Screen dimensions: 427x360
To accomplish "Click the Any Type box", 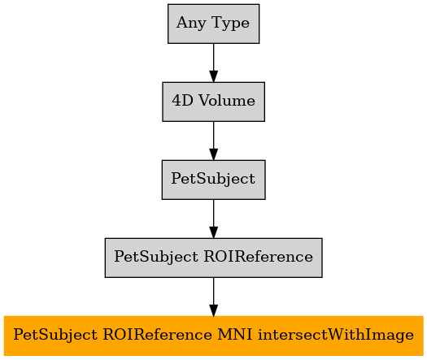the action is pos(213,24).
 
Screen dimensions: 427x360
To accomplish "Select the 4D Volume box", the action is pos(213,102).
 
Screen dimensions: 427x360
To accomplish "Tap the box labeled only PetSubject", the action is pos(213,180).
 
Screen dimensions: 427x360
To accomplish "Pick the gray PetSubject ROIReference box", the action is pos(213,258).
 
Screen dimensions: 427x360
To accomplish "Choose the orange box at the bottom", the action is pos(213,336).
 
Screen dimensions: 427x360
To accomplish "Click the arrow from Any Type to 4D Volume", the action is pos(213,63).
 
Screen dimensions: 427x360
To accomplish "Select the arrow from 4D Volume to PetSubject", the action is pos(213,141).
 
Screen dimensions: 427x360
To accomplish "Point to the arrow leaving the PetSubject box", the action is pos(213,219).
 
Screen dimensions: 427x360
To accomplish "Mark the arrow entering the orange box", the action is pos(213,297).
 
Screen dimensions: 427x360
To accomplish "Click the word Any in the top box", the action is pos(191,23).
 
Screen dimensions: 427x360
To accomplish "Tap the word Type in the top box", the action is pos(230,23).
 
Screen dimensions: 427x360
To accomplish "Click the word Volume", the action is pos(227,101).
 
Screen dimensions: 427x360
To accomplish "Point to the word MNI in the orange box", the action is pos(235,335).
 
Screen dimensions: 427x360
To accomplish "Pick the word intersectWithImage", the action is pos(336,335).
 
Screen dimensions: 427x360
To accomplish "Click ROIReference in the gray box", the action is pos(258,257).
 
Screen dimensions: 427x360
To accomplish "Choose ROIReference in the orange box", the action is pos(157,335).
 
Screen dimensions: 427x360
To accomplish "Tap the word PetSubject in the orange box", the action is pos(55,336).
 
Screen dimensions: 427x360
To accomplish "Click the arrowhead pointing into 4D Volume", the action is pos(213,76).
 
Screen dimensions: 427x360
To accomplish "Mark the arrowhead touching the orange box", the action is pos(213,310).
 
